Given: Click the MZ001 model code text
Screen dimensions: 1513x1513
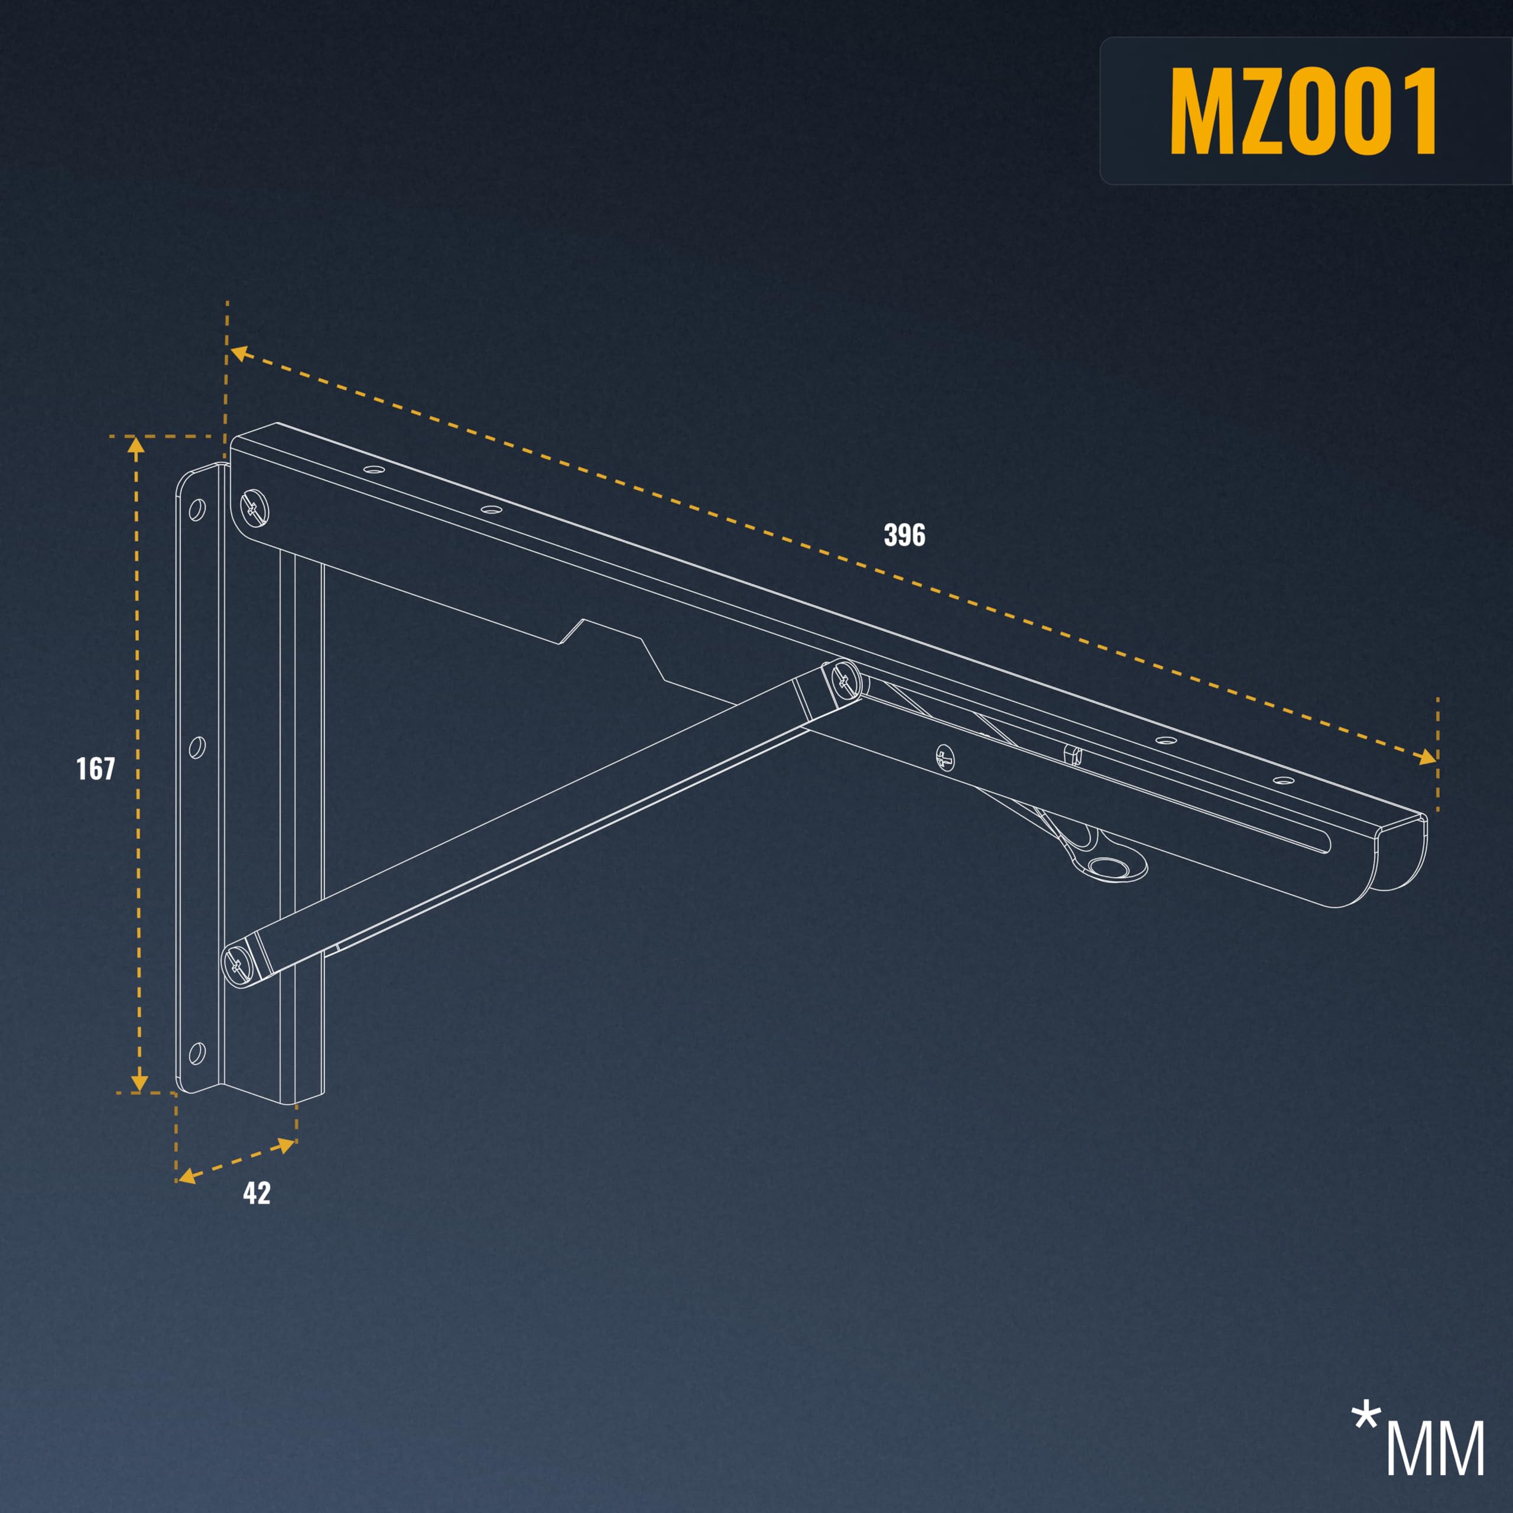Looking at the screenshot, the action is (1303, 111).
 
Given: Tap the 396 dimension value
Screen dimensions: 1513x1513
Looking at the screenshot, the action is (904, 535).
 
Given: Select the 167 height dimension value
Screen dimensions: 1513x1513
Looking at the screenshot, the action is (96, 768).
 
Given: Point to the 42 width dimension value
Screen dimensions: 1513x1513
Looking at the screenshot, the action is (257, 1193).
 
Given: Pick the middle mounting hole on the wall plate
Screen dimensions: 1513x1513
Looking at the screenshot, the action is (197, 746).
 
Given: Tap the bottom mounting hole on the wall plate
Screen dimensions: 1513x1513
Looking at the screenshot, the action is (197, 1053).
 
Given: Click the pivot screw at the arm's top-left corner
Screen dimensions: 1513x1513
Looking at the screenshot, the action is (255, 508).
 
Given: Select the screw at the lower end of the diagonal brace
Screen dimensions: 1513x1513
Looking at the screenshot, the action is (239, 964).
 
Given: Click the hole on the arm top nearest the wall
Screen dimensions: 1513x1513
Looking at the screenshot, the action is (374, 470).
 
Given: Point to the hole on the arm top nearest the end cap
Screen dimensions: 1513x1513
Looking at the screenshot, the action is (1282, 780).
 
